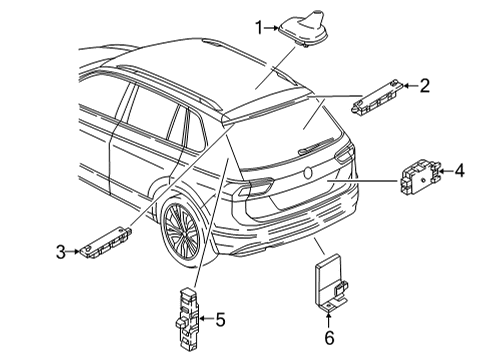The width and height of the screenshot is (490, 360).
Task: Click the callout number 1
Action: pyautogui.click(x=259, y=28)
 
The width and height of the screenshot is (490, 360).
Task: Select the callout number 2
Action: pyautogui.click(x=424, y=86)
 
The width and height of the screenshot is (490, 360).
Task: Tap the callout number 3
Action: pyautogui.click(x=61, y=252)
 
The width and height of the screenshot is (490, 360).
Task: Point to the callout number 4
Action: pyautogui.click(x=459, y=171)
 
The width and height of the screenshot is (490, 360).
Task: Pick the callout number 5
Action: pyautogui.click(x=220, y=319)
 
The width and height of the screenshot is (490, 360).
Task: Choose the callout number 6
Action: pyautogui.click(x=329, y=338)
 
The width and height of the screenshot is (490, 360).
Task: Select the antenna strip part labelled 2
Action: pyautogui.click(x=378, y=97)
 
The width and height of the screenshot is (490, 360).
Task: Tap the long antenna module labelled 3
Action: pyautogui.click(x=105, y=242)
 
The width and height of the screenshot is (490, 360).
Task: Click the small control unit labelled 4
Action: pyautogui.click(x=420, y=176)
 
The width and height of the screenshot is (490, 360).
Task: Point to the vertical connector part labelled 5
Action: pyautogui.click(x=188, y=319)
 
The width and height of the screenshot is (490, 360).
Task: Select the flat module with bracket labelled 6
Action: pyautogui.click(x=331, y=282)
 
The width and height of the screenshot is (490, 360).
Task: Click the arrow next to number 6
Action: pyautogui.click(x=329, y=319)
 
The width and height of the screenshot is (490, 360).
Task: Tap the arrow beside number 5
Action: pyautogui.click(x=207, y=319)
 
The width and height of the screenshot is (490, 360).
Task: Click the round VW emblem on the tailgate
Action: pyautogui.click(x=307, y=172)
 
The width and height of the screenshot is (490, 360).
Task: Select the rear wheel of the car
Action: pyautogui.click(x=183, y=230)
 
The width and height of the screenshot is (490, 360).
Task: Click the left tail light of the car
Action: pyautogui.click(x=255, y=186)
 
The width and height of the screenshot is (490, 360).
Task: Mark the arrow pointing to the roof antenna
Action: pyautogui.click(x=272, y=28)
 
